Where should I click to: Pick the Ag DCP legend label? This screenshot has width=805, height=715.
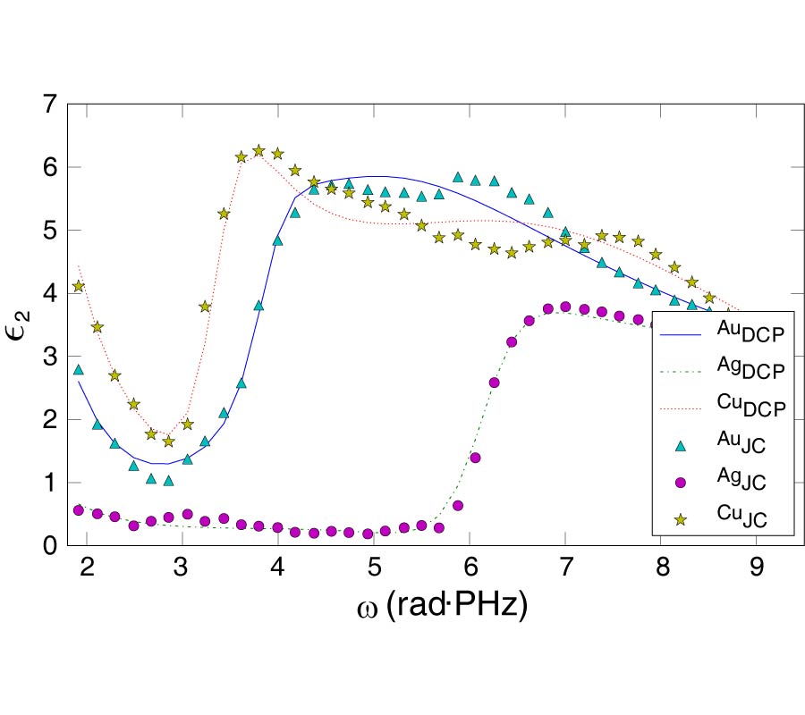point(750,368)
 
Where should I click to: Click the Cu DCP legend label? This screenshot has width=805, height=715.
point(750,405)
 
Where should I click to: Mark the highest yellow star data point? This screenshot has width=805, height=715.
point(259,150)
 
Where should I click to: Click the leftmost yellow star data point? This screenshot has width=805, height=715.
point(79,286)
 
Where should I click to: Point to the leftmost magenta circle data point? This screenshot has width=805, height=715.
point(79,510)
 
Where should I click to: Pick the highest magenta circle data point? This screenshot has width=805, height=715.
point(564,307)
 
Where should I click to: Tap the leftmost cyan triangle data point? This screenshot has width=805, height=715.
point(79,369)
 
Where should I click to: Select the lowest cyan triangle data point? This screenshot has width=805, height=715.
point(168,481)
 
